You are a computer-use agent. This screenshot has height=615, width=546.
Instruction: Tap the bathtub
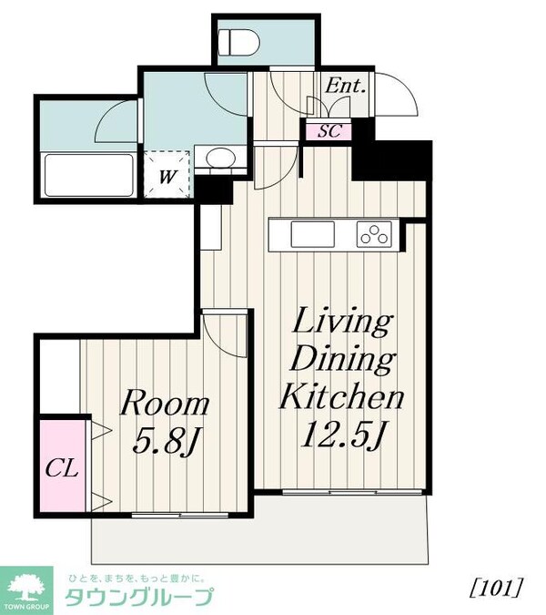tap(89, 175)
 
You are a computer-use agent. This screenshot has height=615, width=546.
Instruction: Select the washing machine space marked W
tap(167, 175)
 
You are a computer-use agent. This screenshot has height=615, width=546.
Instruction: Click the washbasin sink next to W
tap(220, 158)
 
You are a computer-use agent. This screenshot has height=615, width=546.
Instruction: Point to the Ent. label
tap(345, 86)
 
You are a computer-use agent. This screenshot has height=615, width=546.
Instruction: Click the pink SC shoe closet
tap(329, 130)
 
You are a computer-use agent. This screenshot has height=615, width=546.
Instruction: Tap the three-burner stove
tap(374, 234)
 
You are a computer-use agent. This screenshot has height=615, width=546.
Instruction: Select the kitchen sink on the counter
tap(313, 234)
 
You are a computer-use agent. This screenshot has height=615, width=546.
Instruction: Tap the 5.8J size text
tap(167, 441)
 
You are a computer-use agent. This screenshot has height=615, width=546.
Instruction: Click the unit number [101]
tap(496, 589)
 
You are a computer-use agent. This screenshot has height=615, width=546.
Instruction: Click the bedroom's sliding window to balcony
tap(180, 515)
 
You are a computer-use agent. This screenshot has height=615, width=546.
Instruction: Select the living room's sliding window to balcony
tap(352, 492)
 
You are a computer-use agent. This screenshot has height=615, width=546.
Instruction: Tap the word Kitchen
tap(341, 396)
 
